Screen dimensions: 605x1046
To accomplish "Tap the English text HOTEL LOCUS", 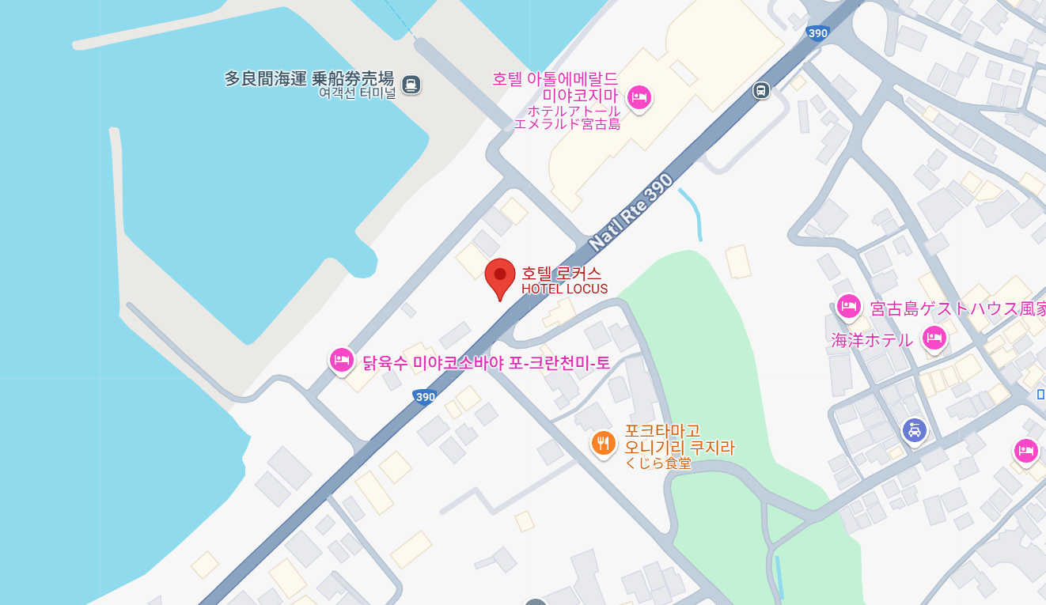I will (x=564, y=289).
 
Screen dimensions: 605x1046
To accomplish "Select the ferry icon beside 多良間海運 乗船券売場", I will (x=411, y=84).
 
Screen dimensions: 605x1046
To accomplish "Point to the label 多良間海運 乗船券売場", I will (x=309, y=78).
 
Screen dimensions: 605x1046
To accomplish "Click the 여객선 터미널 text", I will (x=357, y=93).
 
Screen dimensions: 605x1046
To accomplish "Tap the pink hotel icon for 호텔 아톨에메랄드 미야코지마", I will (x=639, y=98).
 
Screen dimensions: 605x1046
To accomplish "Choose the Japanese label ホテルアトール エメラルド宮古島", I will (x=567, y=117).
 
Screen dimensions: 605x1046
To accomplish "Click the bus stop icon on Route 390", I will (x=760, y=90).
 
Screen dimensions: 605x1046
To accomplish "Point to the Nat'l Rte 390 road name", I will (x=631, y=211).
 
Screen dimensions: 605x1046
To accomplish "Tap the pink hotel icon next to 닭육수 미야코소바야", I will (x=342, y=360).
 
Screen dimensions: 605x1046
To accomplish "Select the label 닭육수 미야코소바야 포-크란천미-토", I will (x=487, y=363).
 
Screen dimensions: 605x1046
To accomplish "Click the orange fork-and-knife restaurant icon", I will (x=604, y=443).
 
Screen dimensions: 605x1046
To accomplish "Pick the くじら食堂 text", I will (x=658, y=463).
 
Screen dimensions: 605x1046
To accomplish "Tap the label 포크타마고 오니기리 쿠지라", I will (x=680, y=439).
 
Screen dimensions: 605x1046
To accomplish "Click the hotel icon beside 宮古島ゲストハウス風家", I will (x=849, y=306).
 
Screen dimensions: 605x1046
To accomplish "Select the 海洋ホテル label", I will (x=872, y=340).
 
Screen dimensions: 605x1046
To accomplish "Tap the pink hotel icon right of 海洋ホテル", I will (x=934, y=338).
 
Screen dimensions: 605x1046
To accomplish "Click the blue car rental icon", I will (x=915, y=430).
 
